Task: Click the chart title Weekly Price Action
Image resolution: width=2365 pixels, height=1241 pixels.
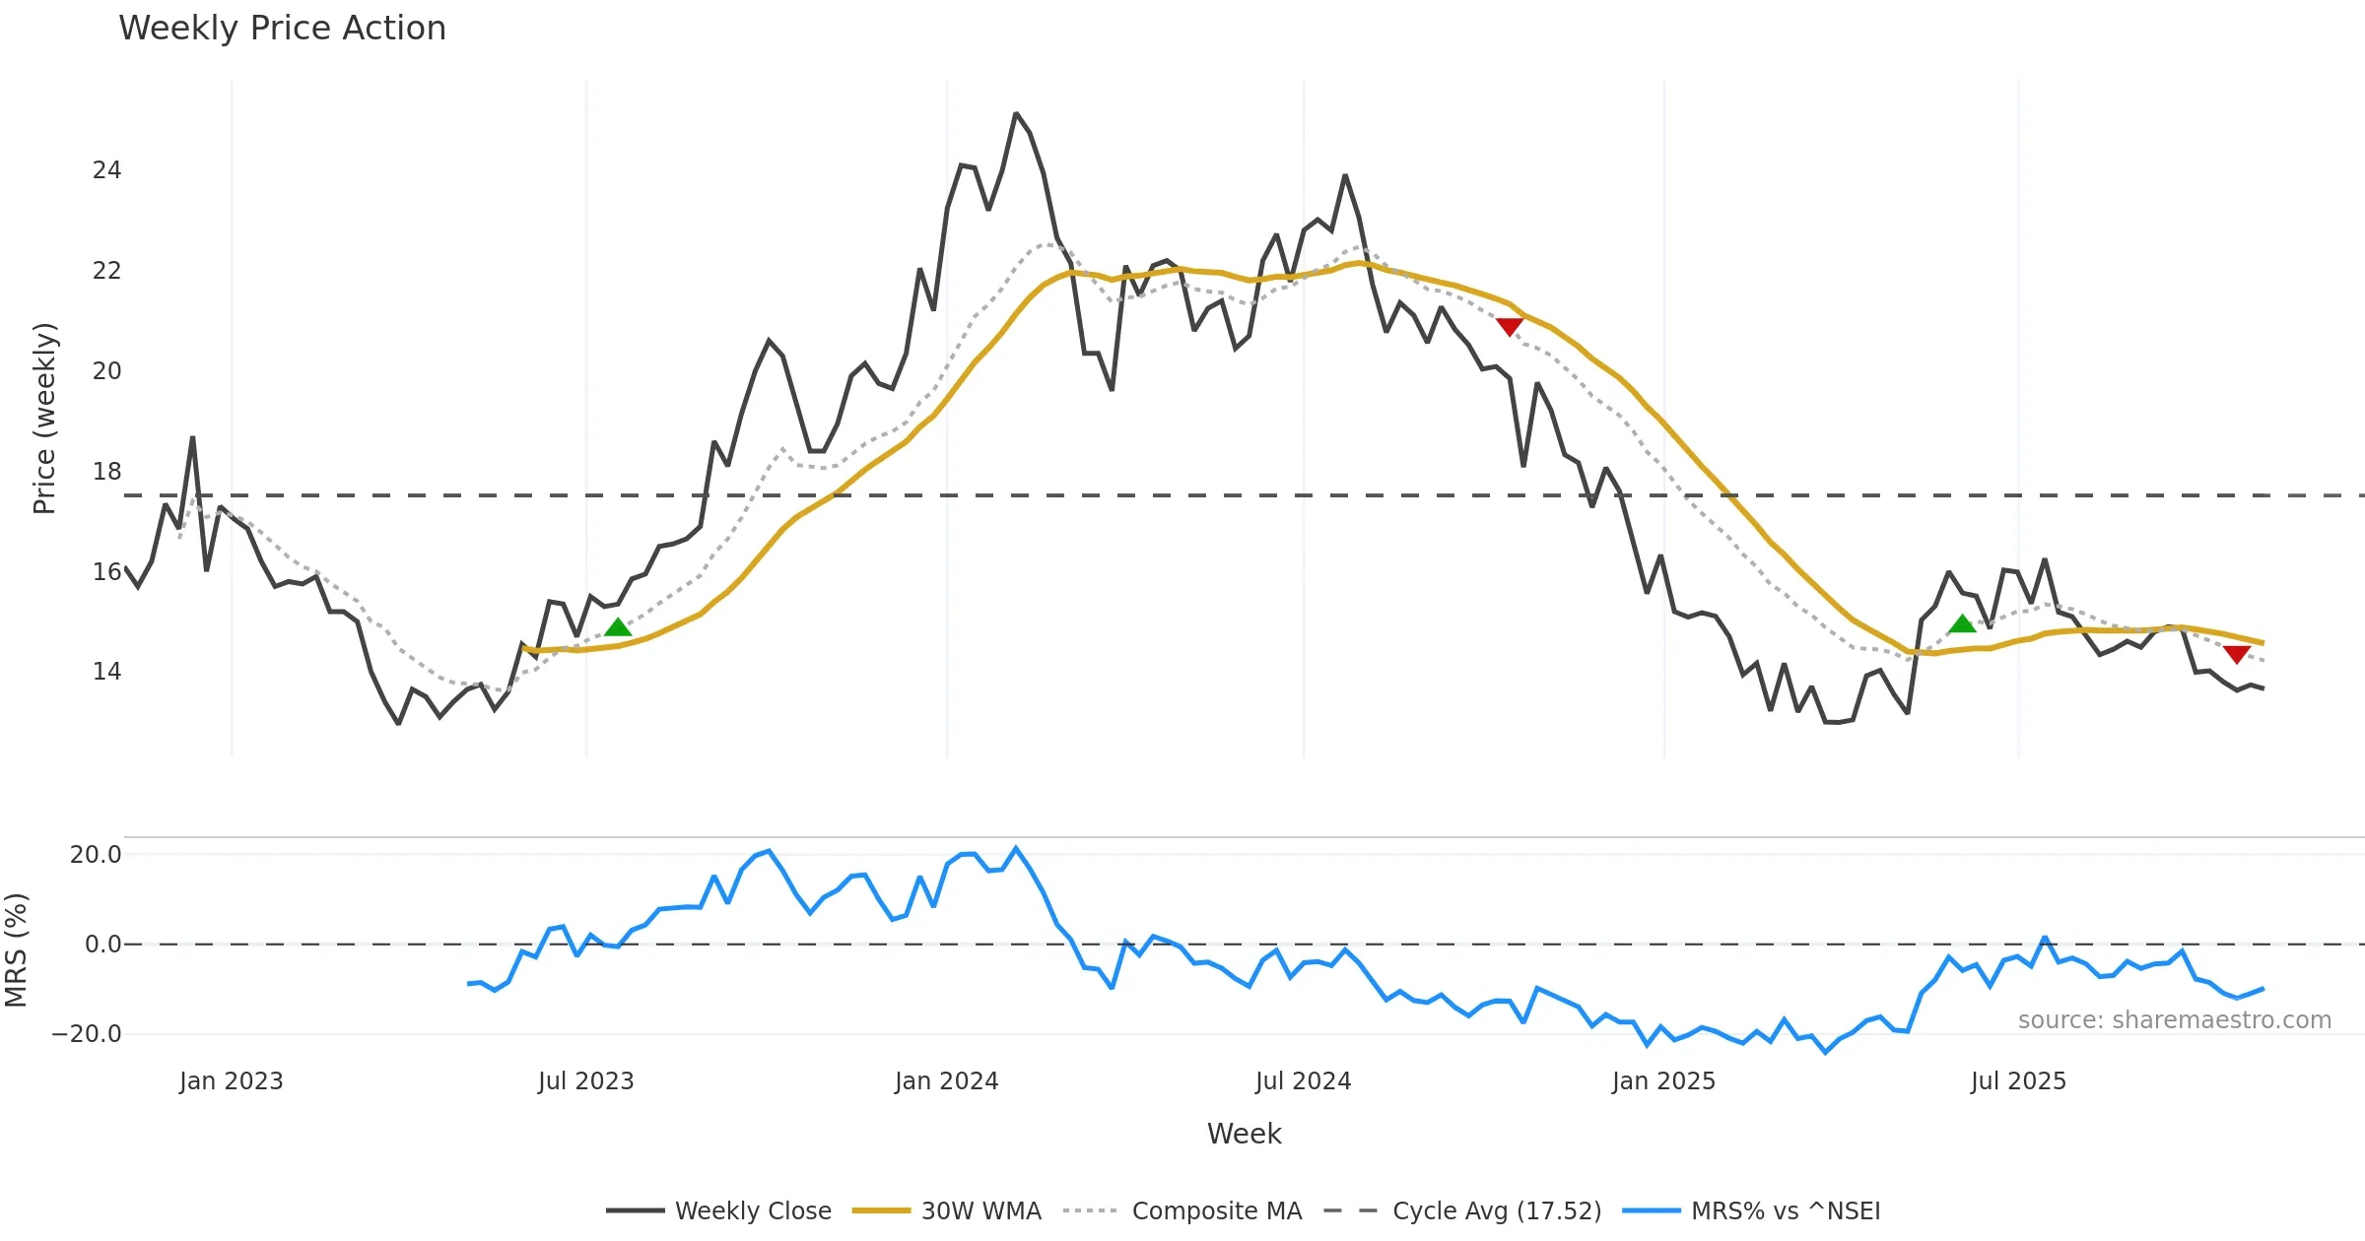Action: [x=282, y=29]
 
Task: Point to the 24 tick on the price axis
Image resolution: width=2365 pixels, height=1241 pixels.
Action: [x=106, y=170]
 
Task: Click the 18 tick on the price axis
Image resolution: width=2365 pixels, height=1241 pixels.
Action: [x=106, y=472]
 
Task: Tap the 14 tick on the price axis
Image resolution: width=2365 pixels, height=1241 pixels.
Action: [x=106, y=672]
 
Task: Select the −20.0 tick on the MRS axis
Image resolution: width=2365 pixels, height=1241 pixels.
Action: [x=87, y=1034]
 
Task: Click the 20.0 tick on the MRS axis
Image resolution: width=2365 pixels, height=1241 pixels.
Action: [x=96, y=855]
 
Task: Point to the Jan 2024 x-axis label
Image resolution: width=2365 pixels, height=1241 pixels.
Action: [x=946, y=1081]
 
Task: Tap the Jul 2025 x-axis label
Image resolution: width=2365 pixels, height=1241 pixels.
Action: [x=2017, y=1081]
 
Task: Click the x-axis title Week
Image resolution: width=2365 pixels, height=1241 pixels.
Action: [x=1244, y=1135]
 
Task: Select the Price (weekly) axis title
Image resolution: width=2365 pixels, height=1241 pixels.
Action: [x=45, y=419]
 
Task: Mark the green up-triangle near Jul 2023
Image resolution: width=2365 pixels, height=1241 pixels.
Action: [x=618, y=627]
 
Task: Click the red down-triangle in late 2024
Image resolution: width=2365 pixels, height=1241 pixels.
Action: [x=1510, y=326]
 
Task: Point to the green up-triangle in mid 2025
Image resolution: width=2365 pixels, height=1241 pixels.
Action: [x=1962, y=623]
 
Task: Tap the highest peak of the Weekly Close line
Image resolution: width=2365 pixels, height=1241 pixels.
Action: [x=1016, y=114]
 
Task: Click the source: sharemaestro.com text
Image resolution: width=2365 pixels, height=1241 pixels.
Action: [x=2174, y=1020]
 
